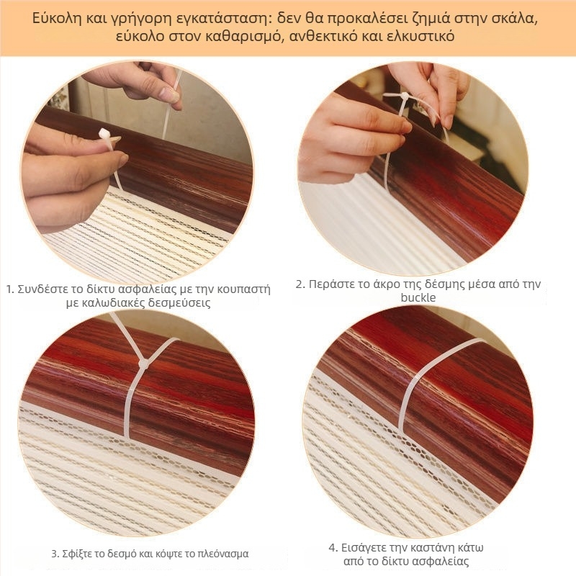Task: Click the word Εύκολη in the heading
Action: click(56, 19)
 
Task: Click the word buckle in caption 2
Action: click(418, 297)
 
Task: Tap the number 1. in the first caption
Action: click(11, 289)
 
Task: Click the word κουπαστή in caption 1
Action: click(243, 289)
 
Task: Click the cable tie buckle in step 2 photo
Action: click(405, 96)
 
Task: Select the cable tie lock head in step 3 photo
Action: click(143, 364)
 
